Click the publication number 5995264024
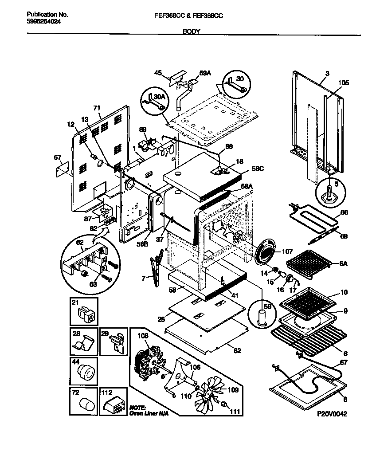(x=41, y=21)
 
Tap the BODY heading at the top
(x=191, y=31)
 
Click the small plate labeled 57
(x=63, y=168)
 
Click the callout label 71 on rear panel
(x=98, y=108)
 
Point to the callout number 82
(x=237, y=351)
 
